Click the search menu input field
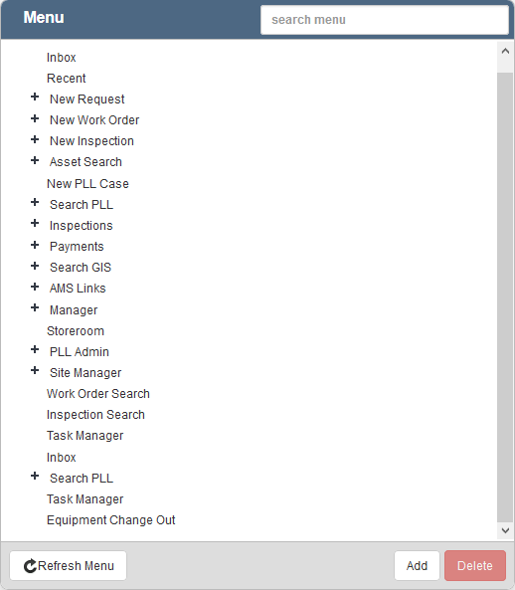point(385,20)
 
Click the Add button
point(417,565)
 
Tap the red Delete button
point(475,565)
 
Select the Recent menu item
point(67,79)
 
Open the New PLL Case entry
point(87,184)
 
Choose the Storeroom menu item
point(76,331)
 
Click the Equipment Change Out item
point(111,520)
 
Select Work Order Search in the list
point(98,394)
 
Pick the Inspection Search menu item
point(95,415)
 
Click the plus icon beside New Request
point(35,98)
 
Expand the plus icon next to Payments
point(35,245)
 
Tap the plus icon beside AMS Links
point(35,287)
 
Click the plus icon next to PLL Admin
point(35,349)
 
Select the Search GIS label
point(81,268)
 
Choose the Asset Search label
point(86,162)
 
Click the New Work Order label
point(94,120)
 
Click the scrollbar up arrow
point(505,52)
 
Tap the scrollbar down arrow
point(505,530)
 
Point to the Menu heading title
point(44,17)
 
